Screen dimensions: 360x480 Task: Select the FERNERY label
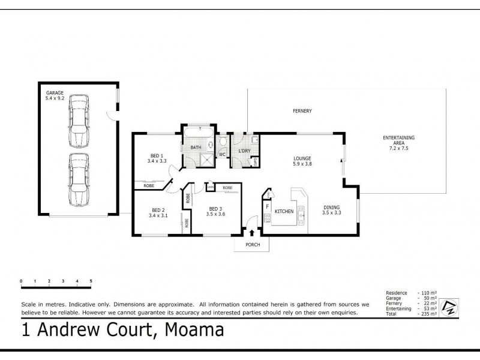pos(302,112)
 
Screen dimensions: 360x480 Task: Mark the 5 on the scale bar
pos(91,281)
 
